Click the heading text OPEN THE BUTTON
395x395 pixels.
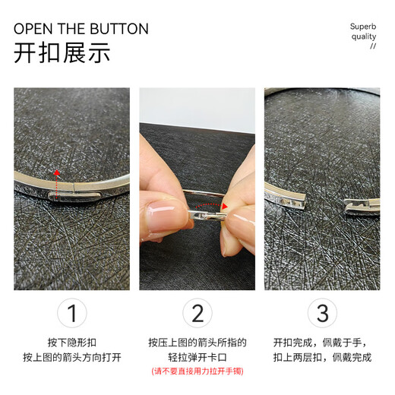pyautogui.click(x=81, y=30)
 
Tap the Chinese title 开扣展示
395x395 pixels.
pyautogui.click(x=62, y=54)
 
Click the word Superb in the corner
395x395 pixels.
pyautogui.click(x=362, y=27)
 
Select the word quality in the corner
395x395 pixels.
pyautogui.click(x=363, y=36)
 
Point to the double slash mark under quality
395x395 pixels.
pyautogui.click(x=372, y=46)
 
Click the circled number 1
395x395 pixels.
pyautogui.click(x=72, y=313)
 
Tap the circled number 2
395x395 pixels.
pyautogui.click(x=197, y=313)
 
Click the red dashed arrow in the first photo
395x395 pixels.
pyautogui.click(x=55, y=182)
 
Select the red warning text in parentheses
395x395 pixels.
pyautogui.click(x=197, y=371)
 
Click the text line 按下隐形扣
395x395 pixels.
pyautogui.click(x=72, y=342)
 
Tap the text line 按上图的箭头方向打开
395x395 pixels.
pyautogui.click(x=72, y=356)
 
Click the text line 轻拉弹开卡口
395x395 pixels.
pyautogui.click(x=197, y=356)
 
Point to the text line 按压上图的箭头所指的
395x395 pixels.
pyautogui.click(x=197, y=342)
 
